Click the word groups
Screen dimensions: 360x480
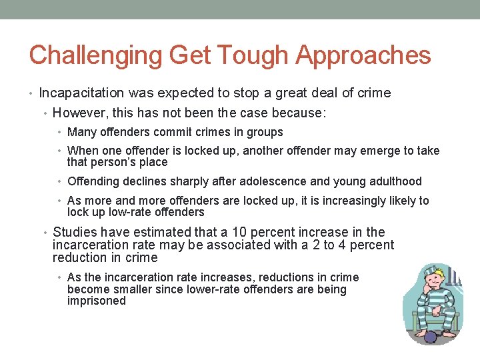[265, 133]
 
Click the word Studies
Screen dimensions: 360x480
[74, 233]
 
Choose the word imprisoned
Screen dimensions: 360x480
[97, 301]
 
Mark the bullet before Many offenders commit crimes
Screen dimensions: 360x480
[62, 133]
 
